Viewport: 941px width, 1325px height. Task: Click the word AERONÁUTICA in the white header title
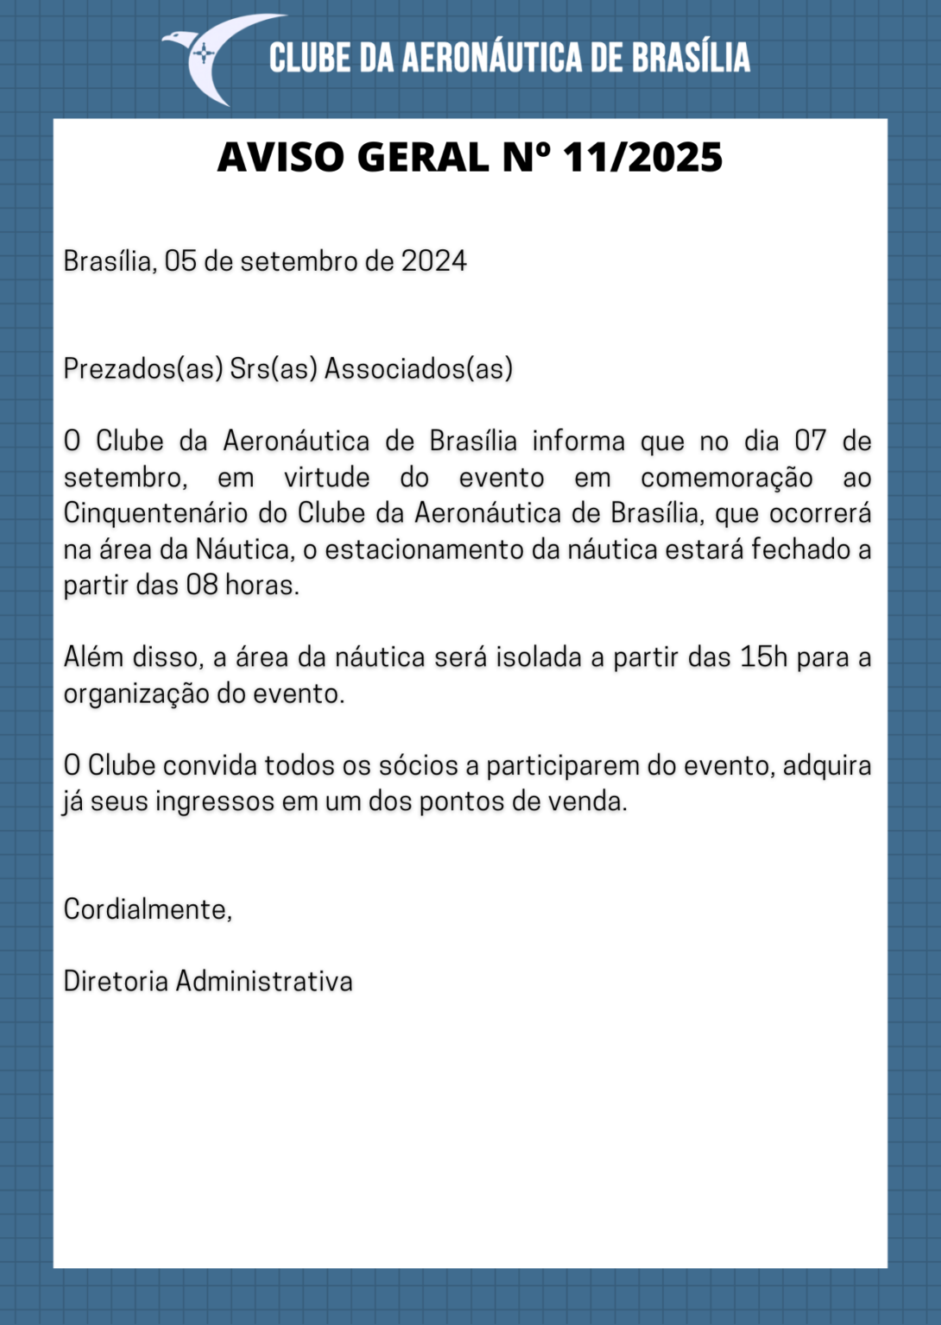[492, 58]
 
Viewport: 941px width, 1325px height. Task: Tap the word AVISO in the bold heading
[281, 158]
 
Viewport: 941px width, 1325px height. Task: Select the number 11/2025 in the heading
[642, 158]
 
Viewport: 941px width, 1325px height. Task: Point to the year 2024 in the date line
[433, 261]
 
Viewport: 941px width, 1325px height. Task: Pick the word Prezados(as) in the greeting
[143, 369]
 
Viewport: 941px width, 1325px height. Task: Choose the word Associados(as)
[419, 369]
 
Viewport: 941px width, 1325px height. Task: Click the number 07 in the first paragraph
[810, 442]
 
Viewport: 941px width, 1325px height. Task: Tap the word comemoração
[727, 478]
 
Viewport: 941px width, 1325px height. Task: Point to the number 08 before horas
[202, 586]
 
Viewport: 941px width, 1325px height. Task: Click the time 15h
[764, 657]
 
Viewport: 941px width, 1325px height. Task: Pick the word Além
[93, 657]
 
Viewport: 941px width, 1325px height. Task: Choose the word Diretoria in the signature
[116, 982]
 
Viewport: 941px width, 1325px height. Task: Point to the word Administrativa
[264, 982]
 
